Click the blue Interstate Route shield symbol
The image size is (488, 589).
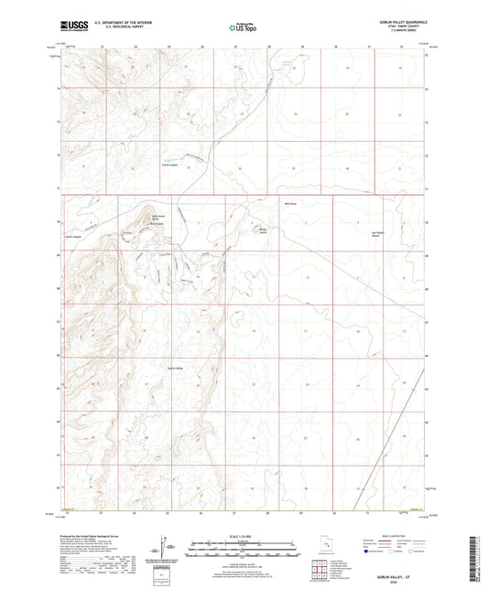tap(368, 552)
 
